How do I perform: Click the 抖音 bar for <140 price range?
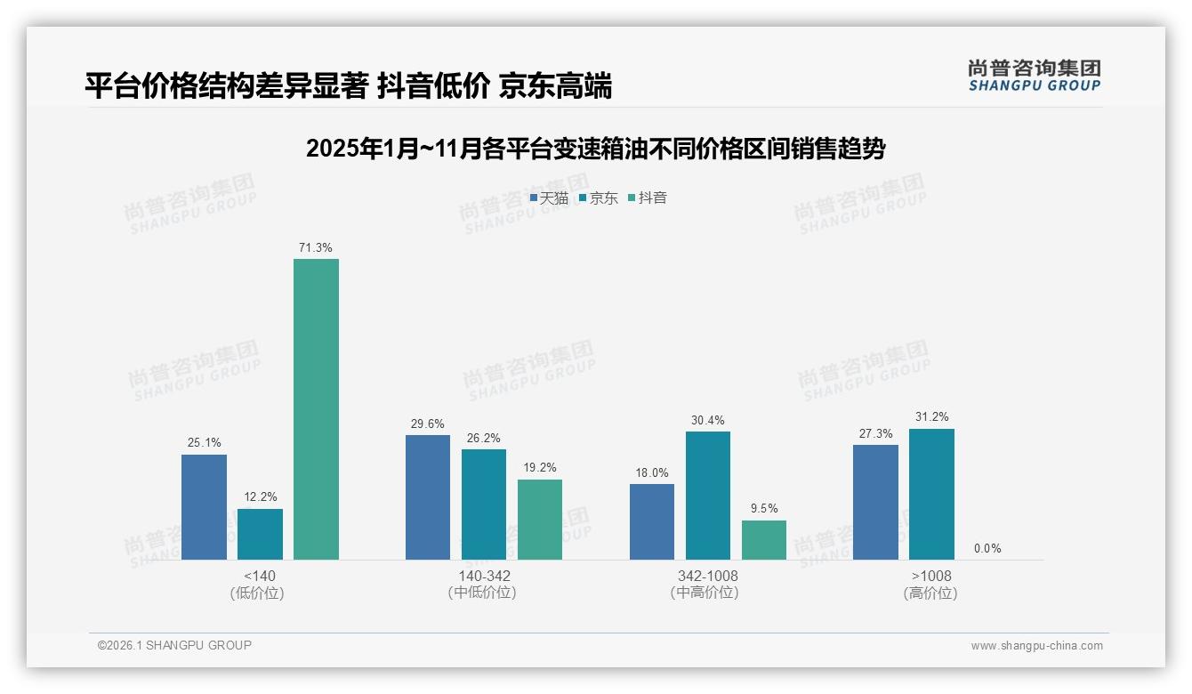point(316,409)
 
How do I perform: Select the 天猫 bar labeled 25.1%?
point(204,507)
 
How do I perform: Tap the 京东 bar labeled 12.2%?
point(260,535)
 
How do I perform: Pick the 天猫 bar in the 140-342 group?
point(428,497)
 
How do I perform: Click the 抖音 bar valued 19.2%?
point(540,520)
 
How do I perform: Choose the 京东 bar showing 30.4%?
point(708,496)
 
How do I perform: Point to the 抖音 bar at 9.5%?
point(764,540)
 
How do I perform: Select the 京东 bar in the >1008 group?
point(931,494)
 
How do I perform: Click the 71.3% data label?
point(316,248)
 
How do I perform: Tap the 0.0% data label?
point(987,549)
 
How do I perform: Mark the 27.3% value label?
point(875,433)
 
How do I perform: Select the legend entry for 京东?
point(598,198)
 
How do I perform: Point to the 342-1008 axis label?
point(708,576)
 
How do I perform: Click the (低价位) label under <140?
point(258,593)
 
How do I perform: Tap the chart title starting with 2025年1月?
point(595,149)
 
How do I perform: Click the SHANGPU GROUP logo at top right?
point(1034,76)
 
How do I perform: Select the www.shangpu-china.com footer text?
point(1036,646)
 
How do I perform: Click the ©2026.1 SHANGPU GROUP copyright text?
point(175,645)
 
